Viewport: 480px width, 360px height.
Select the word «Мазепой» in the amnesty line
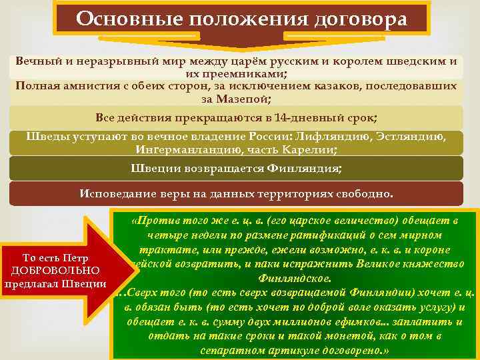point(245,99)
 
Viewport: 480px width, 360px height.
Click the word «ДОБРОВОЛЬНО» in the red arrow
point(56,271)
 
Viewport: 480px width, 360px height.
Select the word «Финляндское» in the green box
point(299,277)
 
